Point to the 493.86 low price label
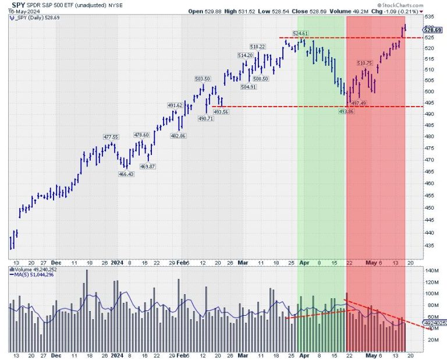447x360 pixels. click(347, 111)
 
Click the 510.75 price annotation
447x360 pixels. click(364, 63)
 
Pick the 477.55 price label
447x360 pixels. click(111, 137)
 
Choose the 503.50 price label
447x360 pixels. click(202, 79)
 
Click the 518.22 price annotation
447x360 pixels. click(258, 47)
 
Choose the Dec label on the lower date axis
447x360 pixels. click(57, 355)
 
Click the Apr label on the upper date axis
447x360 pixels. click(304, 263)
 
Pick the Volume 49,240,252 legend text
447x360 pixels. click(36, 270)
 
